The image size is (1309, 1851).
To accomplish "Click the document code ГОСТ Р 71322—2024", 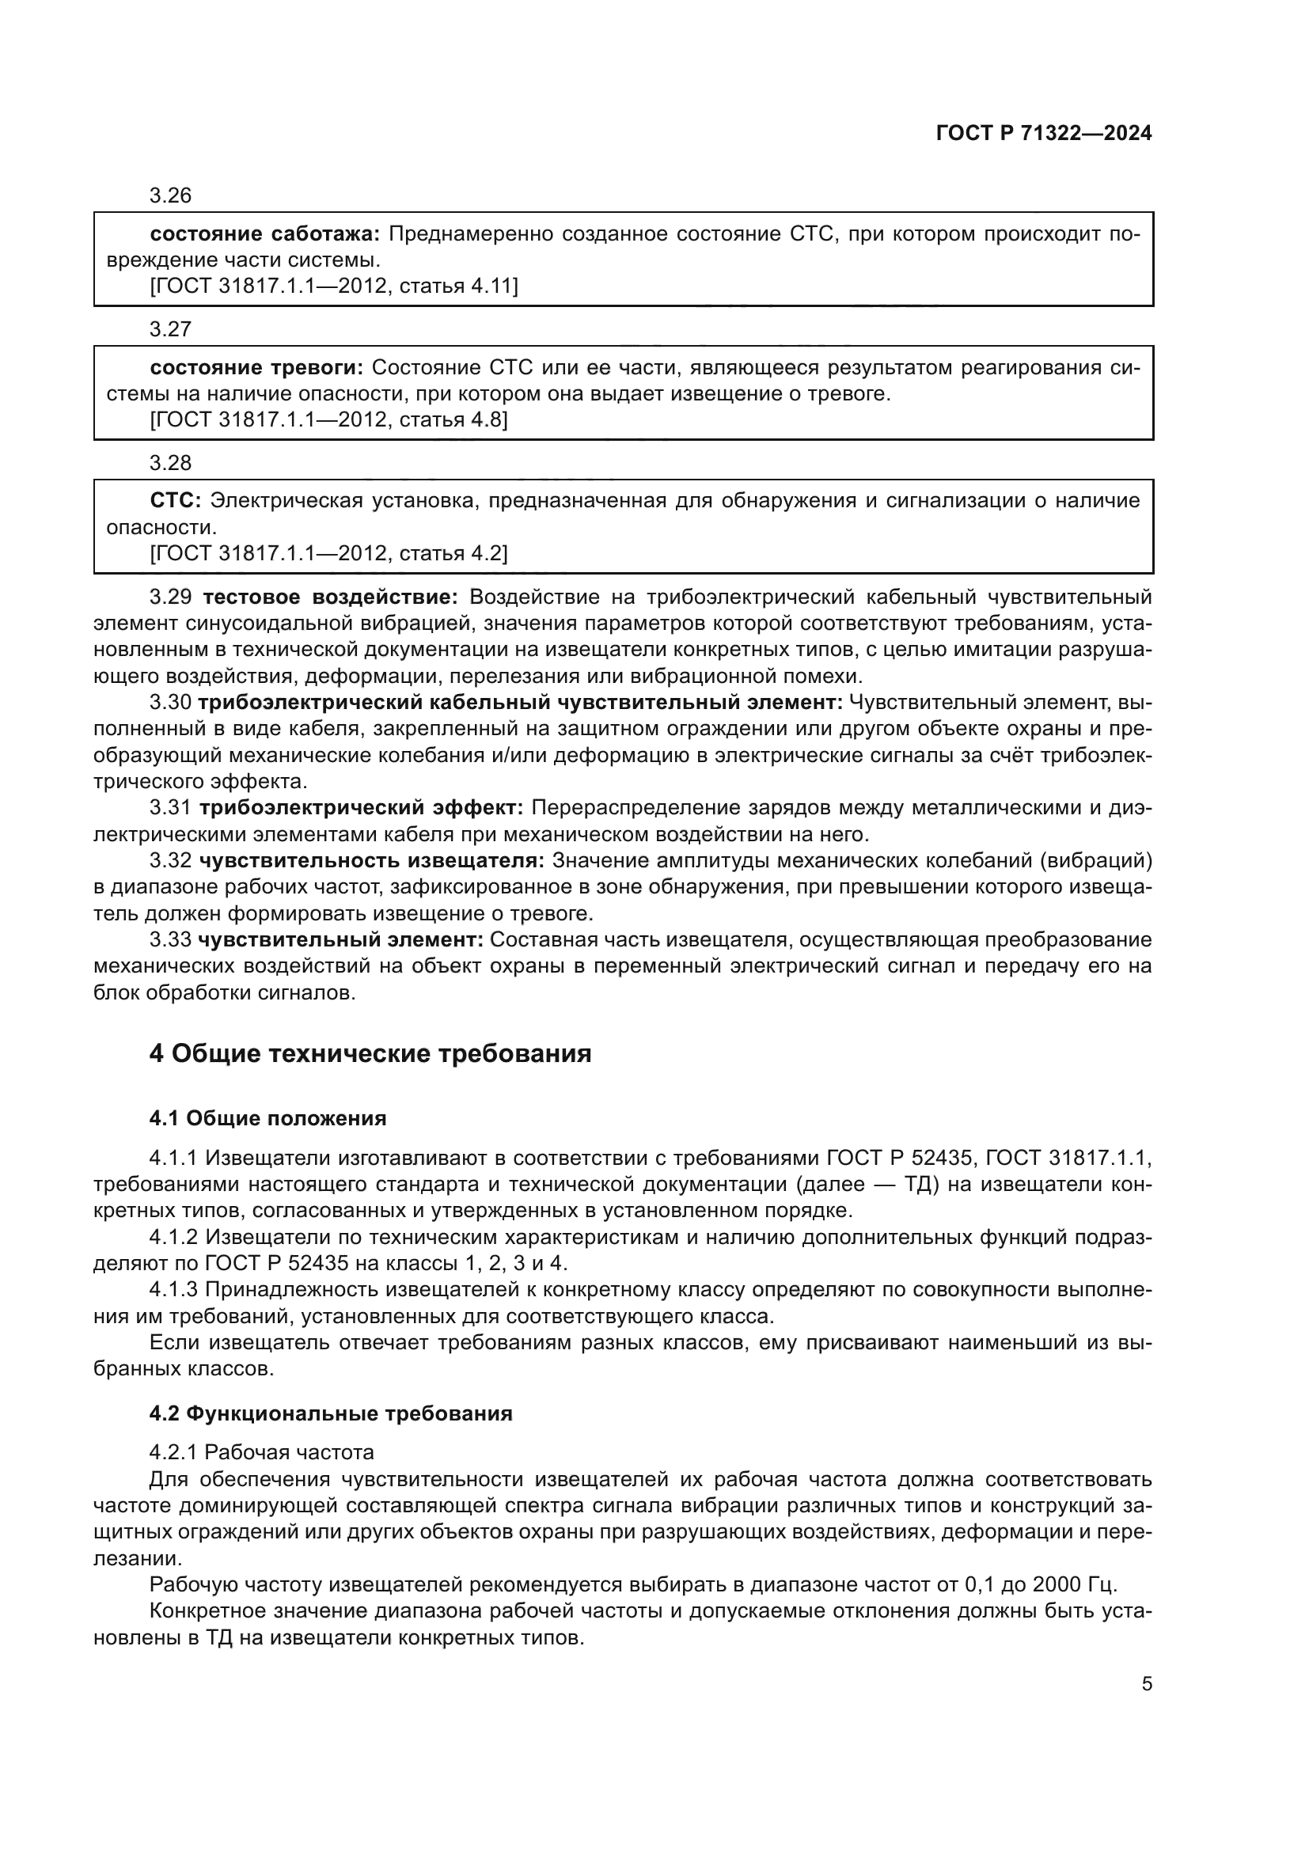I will (x=1043, y=134).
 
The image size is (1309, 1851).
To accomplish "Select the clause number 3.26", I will (x=170, y=196).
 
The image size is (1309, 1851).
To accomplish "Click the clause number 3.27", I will (x=170, y=330).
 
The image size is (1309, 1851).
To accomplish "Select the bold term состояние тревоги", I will (x=256, y=369).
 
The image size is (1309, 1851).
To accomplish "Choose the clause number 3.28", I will (x=170, y=464).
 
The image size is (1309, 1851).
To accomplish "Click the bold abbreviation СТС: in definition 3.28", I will (x=175, y=502).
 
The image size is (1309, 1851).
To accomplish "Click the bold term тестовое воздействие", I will (x=330, y=597).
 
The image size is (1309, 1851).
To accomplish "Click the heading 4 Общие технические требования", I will (x=370, y=1053).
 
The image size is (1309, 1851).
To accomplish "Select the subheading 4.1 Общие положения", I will (x=267, y=1118).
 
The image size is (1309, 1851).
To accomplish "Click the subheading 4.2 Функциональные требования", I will (x=331, y=1413).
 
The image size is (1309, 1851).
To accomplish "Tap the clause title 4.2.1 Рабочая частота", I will (x=261, y=1453).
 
